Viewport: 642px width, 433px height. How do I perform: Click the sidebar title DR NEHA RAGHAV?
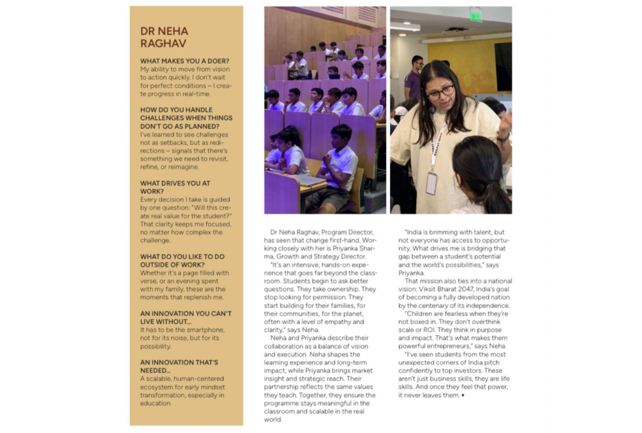coord(164,37)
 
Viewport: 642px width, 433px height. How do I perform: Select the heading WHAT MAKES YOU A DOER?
coord(184,61)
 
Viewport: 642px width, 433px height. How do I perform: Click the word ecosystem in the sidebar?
coord(162,387)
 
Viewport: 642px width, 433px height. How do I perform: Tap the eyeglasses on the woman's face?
coord(440,92)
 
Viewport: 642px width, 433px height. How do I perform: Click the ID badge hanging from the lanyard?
coord(431,183)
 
